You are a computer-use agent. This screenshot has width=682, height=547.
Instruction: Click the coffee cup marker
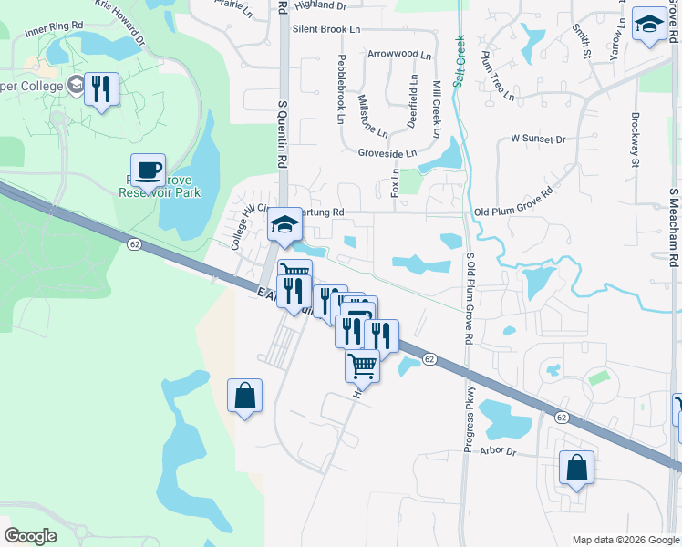[148, 170]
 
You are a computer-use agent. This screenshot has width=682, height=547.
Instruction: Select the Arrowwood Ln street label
[399, 55]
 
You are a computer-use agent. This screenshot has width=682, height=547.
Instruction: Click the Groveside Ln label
[387, 153]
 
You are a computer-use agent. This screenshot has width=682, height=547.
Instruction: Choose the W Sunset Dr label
[538, 139]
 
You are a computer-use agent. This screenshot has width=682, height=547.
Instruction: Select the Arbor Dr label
[497, 452]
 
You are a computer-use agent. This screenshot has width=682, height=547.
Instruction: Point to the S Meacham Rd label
[674, 227]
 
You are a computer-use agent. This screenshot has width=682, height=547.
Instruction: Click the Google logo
[30, 536]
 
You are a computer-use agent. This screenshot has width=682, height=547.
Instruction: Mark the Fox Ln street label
[395, 181]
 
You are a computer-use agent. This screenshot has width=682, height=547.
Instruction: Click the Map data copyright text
[625, 540]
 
